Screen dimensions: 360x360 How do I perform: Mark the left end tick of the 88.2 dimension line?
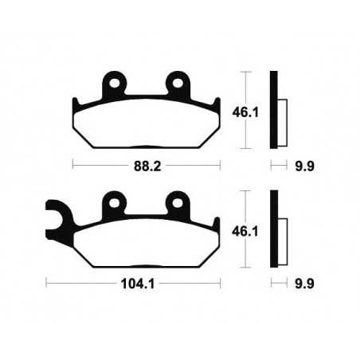pos(72,166)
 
